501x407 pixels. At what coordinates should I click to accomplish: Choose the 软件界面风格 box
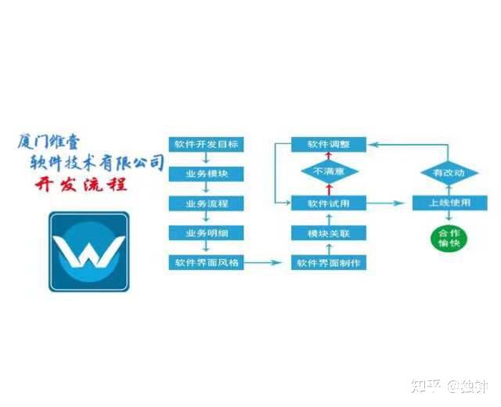pos(207,262)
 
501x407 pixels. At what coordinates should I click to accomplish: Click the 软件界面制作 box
pos(329,262)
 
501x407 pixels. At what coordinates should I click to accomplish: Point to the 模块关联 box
pos(329,232)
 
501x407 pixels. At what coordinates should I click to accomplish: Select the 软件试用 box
pos(329,203)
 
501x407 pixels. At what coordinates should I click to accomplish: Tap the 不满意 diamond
pos(329,172)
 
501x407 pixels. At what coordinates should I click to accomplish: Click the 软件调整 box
pos(329,144)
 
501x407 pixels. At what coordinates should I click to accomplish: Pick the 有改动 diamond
pos(449,172)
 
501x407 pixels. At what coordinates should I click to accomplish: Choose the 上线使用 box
pos(449,203)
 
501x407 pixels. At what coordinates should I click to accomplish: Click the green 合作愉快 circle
pos(449,239)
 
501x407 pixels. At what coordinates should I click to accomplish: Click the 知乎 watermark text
pos(423,386)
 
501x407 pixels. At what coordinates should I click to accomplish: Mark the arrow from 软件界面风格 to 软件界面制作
pos(266,262)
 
